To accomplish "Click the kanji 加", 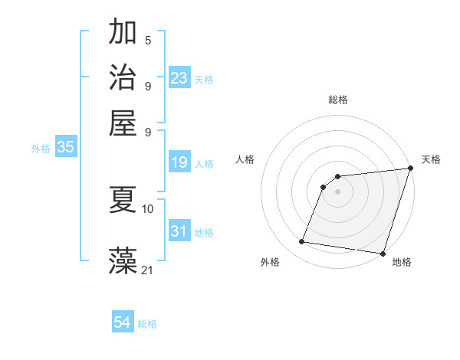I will point(123,33).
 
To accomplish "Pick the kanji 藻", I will point(123,261).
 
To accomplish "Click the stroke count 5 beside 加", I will point(148,41).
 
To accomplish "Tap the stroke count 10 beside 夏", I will point(148,208).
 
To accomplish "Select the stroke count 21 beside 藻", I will point(148,270).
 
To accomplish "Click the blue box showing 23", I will point(179,78).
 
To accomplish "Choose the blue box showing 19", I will point(179,162).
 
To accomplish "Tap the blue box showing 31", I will point(179,231).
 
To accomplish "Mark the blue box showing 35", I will point(65,148).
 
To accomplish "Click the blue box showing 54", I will point(123,323).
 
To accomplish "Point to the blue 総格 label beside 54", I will point(147,324).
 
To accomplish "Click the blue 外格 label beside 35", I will point(41,149).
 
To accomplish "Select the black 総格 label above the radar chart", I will point(338,100).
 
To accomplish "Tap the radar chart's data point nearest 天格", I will point(410,169).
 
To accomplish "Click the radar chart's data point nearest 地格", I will point(383,253).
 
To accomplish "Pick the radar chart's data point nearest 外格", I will point(302,242).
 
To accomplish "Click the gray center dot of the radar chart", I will point(338,191).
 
